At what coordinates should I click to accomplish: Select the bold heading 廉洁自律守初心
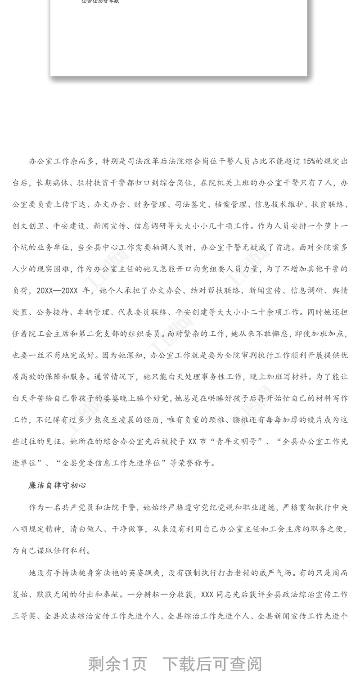[x=57, y=485]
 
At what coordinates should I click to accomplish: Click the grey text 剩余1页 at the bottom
[x=117, y=664]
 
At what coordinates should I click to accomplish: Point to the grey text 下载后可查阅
[x=212, y=664]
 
